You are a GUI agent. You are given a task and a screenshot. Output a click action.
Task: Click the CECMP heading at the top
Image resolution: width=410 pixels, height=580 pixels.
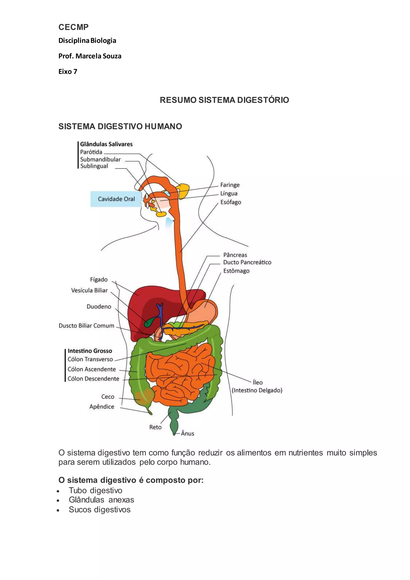pyautogui.click(x=73, y=27)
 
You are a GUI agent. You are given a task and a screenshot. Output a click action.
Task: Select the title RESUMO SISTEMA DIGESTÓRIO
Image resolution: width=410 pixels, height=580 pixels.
pyautogui.click(x=224, y=100)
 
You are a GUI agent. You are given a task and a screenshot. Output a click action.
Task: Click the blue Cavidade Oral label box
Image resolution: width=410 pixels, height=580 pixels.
pyautogui.click(x=116, y=199)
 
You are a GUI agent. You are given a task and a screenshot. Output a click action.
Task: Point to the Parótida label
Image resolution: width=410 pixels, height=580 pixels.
pyautogui.click(x=91, y=152)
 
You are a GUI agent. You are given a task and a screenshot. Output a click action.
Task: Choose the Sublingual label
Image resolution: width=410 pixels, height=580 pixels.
pyautogui.click(x=94, y=166)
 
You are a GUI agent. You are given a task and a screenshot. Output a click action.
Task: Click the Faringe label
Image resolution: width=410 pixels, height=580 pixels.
pyautogui.click(x=230, y=185)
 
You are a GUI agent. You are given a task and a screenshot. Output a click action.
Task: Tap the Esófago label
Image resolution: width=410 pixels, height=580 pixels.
pyautogui.click(x=230, y=202)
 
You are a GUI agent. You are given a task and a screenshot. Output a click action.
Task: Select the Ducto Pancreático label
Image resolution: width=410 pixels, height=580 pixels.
pyautogui.click(x=247, y=262)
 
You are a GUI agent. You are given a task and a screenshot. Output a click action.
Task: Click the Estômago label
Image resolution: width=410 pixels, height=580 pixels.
pyautogui.click(x=236, y=271)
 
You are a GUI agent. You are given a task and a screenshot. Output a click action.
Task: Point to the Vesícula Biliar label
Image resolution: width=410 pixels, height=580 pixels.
pyautogui.click(x=89, y=291)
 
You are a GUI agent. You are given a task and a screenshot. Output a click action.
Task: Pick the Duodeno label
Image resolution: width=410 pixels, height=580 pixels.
pyautogui.click(x=99, y=307)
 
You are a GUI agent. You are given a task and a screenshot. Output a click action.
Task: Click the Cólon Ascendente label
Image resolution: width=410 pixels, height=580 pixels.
pyautogui.click(x=91, y=369)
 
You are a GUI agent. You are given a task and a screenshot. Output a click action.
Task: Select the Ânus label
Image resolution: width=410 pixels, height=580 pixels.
pyautogui.click(x=187, y=433)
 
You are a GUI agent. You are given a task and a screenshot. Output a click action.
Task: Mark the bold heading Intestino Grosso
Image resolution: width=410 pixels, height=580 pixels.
pyautogui.click(x=90, y=351)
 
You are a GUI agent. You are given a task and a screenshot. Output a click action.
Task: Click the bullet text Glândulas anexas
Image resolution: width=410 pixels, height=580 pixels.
pyautogui.click(x=101, y=500)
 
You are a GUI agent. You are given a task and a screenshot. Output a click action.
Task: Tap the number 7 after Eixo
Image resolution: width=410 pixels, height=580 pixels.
pyautogui.click(x=75, y=72)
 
